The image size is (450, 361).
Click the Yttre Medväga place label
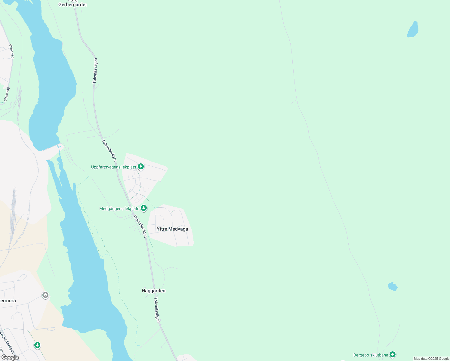[172, 229]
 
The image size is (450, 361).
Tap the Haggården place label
[153, 291]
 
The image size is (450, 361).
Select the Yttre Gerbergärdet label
[72, 4]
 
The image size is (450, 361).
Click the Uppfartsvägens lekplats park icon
[141, 166]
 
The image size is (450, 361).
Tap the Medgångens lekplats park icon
[144, 208]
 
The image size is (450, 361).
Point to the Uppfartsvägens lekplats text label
[114, 167]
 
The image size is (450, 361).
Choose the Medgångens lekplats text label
[119, 208]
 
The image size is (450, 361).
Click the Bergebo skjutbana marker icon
[392, 355]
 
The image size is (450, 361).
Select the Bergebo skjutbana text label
[371, 355]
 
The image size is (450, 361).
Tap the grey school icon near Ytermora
[45, 295]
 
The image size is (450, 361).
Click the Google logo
[10, 357]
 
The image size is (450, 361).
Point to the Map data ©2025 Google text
[431, 359]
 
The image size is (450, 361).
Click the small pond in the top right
[413, 30]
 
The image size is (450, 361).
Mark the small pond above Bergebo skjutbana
[393, 287]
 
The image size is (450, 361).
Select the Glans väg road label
[11, 51]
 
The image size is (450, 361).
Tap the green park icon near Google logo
[37, 345]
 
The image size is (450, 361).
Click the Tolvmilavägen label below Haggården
[157, 310]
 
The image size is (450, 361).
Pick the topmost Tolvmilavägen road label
[95, 71]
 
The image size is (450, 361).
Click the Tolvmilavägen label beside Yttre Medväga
[140, 226]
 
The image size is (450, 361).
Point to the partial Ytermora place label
[8, 301]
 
